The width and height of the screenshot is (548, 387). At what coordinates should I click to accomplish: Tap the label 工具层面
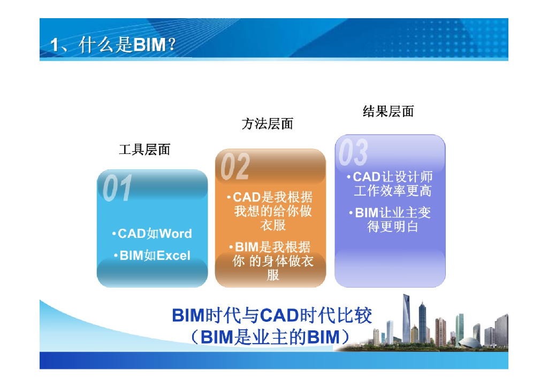click(144, 150)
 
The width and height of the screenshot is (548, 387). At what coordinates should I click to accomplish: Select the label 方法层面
click(268, 125)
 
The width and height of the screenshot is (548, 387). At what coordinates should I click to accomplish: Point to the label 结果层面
click(388, 111)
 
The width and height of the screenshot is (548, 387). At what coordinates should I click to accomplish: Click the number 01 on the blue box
click(117, 189)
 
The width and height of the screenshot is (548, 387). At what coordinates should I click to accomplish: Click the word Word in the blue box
click(176, 234)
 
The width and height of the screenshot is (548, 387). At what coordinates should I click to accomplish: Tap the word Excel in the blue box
click(173, 256)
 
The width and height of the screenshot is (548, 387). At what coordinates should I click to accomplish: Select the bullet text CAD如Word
click(153, 234)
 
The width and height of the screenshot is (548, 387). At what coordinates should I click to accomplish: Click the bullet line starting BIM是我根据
click(273, 247)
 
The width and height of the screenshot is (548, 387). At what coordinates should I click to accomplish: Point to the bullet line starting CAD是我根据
click(273, 197)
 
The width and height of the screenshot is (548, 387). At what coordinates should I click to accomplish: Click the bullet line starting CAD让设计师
click(393, 177)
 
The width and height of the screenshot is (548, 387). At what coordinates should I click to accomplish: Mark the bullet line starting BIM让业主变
click(393, 213)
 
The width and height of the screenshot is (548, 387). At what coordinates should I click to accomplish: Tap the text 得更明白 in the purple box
click(392, 227)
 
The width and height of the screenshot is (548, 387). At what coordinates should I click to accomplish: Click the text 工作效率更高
click(392, 191)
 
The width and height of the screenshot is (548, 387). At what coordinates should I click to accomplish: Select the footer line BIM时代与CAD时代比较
click(272, 315)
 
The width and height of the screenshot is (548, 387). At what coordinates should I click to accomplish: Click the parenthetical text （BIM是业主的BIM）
click(272, 337)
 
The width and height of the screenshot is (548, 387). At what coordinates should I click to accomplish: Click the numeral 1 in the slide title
click(55, 46)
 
